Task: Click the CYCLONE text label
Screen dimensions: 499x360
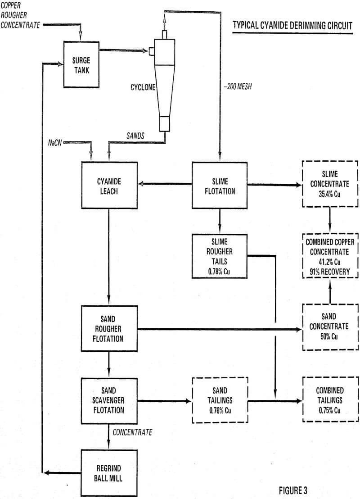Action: pos(140,88)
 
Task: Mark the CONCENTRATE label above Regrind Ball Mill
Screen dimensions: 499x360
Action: pos(132,432)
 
